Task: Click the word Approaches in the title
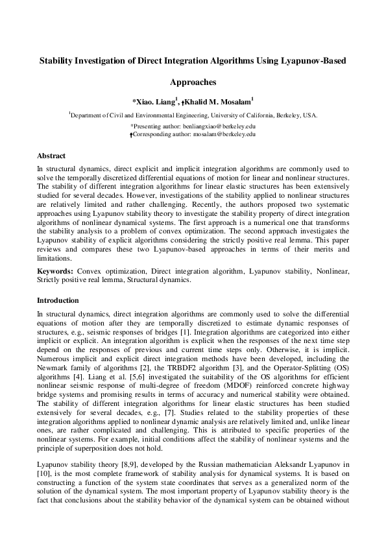coord(193,82)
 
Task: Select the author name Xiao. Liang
coord(156,101)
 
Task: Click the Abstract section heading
coord(51,156)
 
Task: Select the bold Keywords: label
coord(55,268)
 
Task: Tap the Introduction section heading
coord(58,300)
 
